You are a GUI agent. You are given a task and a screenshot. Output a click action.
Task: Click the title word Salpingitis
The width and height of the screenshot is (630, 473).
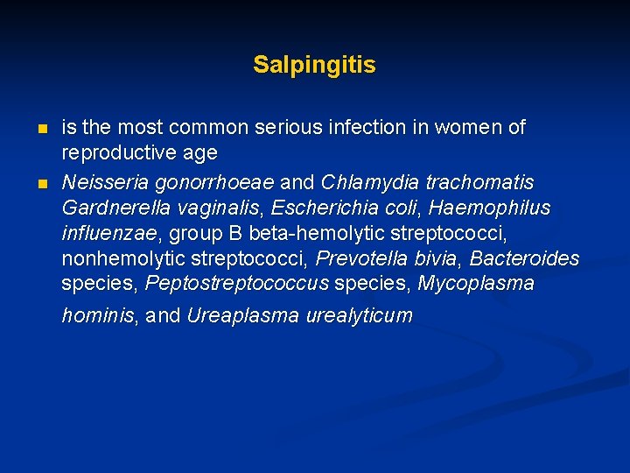click(314, 65)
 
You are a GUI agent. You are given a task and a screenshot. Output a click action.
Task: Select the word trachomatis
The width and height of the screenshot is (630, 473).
click(473, 182)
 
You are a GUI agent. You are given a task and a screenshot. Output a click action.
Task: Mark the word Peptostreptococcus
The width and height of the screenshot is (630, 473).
click(237, 284)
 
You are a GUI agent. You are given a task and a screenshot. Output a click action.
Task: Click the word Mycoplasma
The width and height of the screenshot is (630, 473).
click(476, 284)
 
